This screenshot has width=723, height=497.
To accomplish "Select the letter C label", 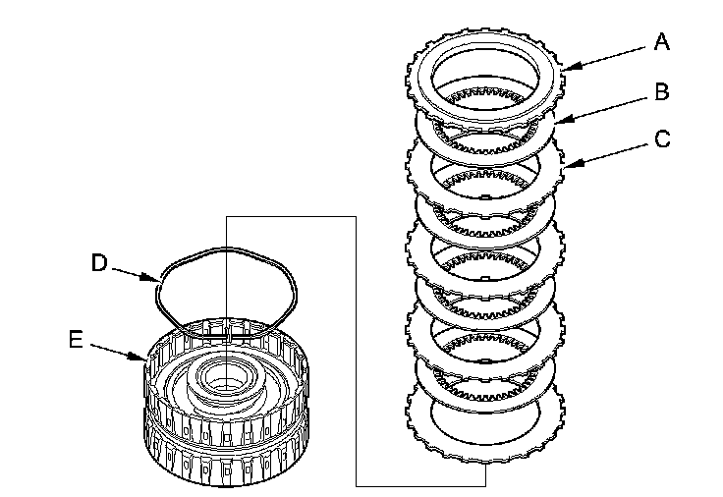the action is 662,138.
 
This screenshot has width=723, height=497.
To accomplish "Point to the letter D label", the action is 99,262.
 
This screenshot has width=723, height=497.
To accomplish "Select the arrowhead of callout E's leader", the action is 146,360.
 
